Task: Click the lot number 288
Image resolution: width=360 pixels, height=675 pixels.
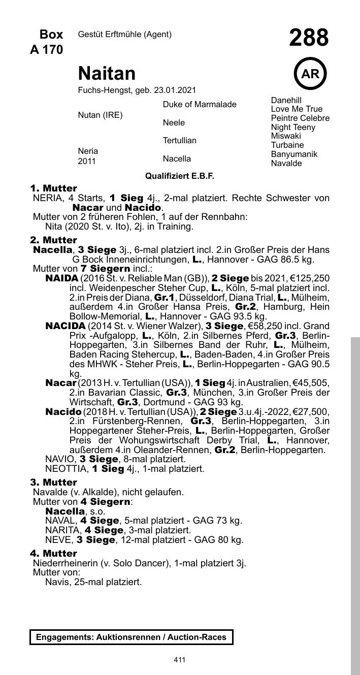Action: click(309, 38)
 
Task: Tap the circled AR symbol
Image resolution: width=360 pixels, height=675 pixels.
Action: click(310, 74)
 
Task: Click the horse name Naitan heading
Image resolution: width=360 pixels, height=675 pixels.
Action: click(107, 74)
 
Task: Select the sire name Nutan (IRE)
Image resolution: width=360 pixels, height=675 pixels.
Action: click(100, 115)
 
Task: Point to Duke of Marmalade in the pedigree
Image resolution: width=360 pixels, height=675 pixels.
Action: click(200, 105)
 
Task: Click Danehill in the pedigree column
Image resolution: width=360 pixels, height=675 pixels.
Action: click(286, 100)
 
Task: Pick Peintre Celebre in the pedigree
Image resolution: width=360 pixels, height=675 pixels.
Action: click(300, 118)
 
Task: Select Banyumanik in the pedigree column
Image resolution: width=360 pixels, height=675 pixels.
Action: click(294, 154)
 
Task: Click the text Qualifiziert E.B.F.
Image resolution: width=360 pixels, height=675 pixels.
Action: click(180, 176)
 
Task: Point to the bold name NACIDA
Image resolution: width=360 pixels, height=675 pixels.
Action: click(66, 326)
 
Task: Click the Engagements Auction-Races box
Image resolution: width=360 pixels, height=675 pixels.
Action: click(132, 637)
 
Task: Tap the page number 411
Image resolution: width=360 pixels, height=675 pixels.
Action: click(179, 660)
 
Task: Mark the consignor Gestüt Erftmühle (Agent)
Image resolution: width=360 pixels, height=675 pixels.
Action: click(124, 35)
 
